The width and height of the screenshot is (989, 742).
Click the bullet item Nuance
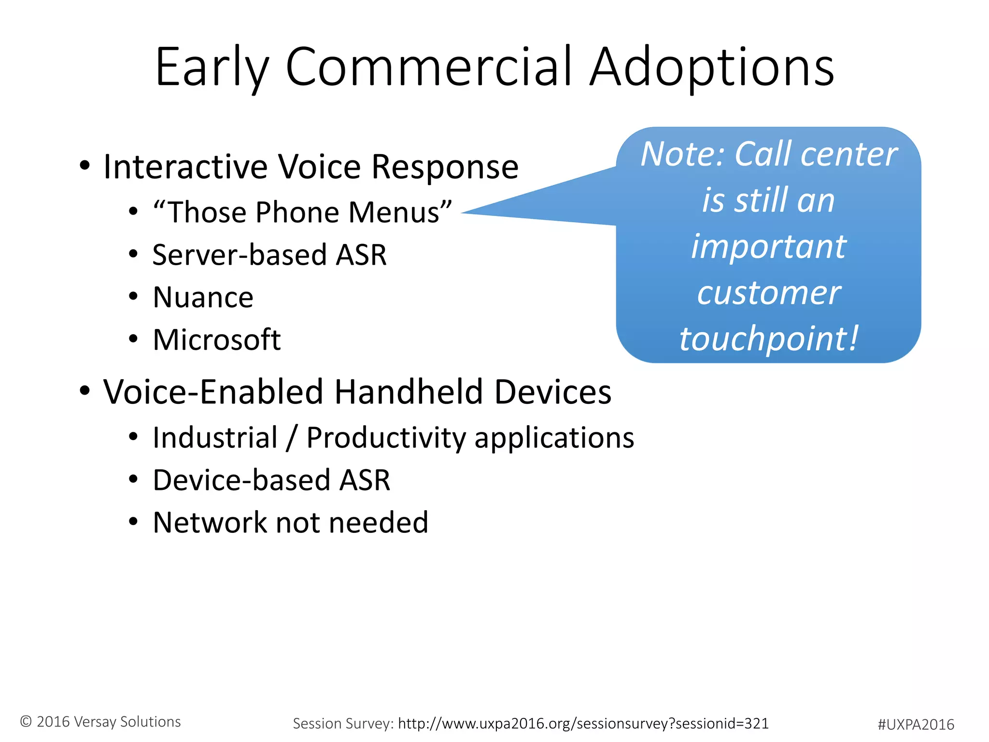pos(203,297)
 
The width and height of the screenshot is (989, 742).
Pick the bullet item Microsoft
pos(216,340)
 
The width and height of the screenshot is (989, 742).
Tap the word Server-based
pos(239,255)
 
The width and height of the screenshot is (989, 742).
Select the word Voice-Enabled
pos(213,392)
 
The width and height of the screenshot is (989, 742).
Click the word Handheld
pos(409,392)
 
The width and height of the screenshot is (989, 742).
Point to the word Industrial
pos(215,438)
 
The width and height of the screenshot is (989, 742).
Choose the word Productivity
pos(386,438)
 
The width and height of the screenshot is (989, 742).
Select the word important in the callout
pos(768,246)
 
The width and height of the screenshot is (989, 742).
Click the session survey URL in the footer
pos(583,724)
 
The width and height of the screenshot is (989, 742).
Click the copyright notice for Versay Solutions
pos(100,722)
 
